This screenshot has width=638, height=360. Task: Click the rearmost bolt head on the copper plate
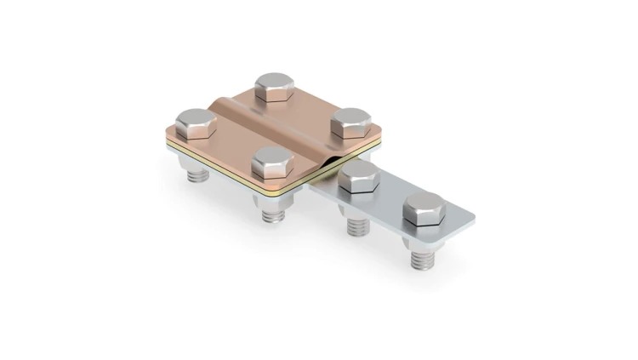tap(275, 86)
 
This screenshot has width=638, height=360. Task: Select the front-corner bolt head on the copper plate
tap(273, 162)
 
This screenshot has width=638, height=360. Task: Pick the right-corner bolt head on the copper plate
tap(349, 123)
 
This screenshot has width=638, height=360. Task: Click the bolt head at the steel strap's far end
tap(423, 209)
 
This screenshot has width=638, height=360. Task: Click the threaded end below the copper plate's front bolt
tap(273, 214)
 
